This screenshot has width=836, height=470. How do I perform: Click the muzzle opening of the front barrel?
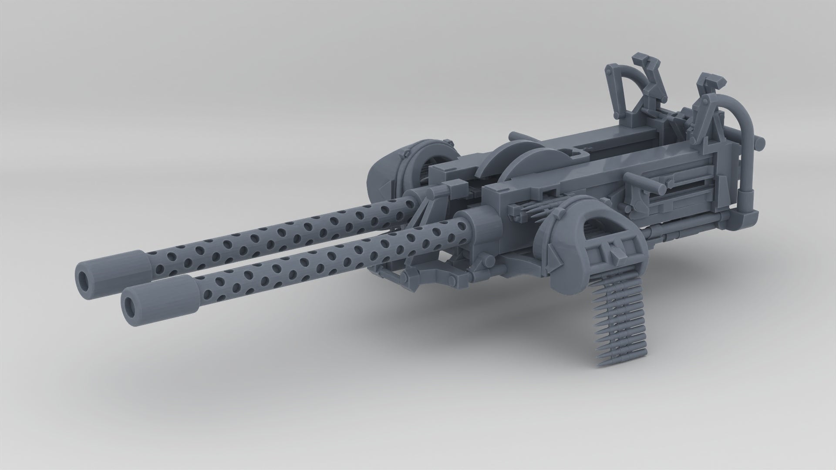coord(130,308)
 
